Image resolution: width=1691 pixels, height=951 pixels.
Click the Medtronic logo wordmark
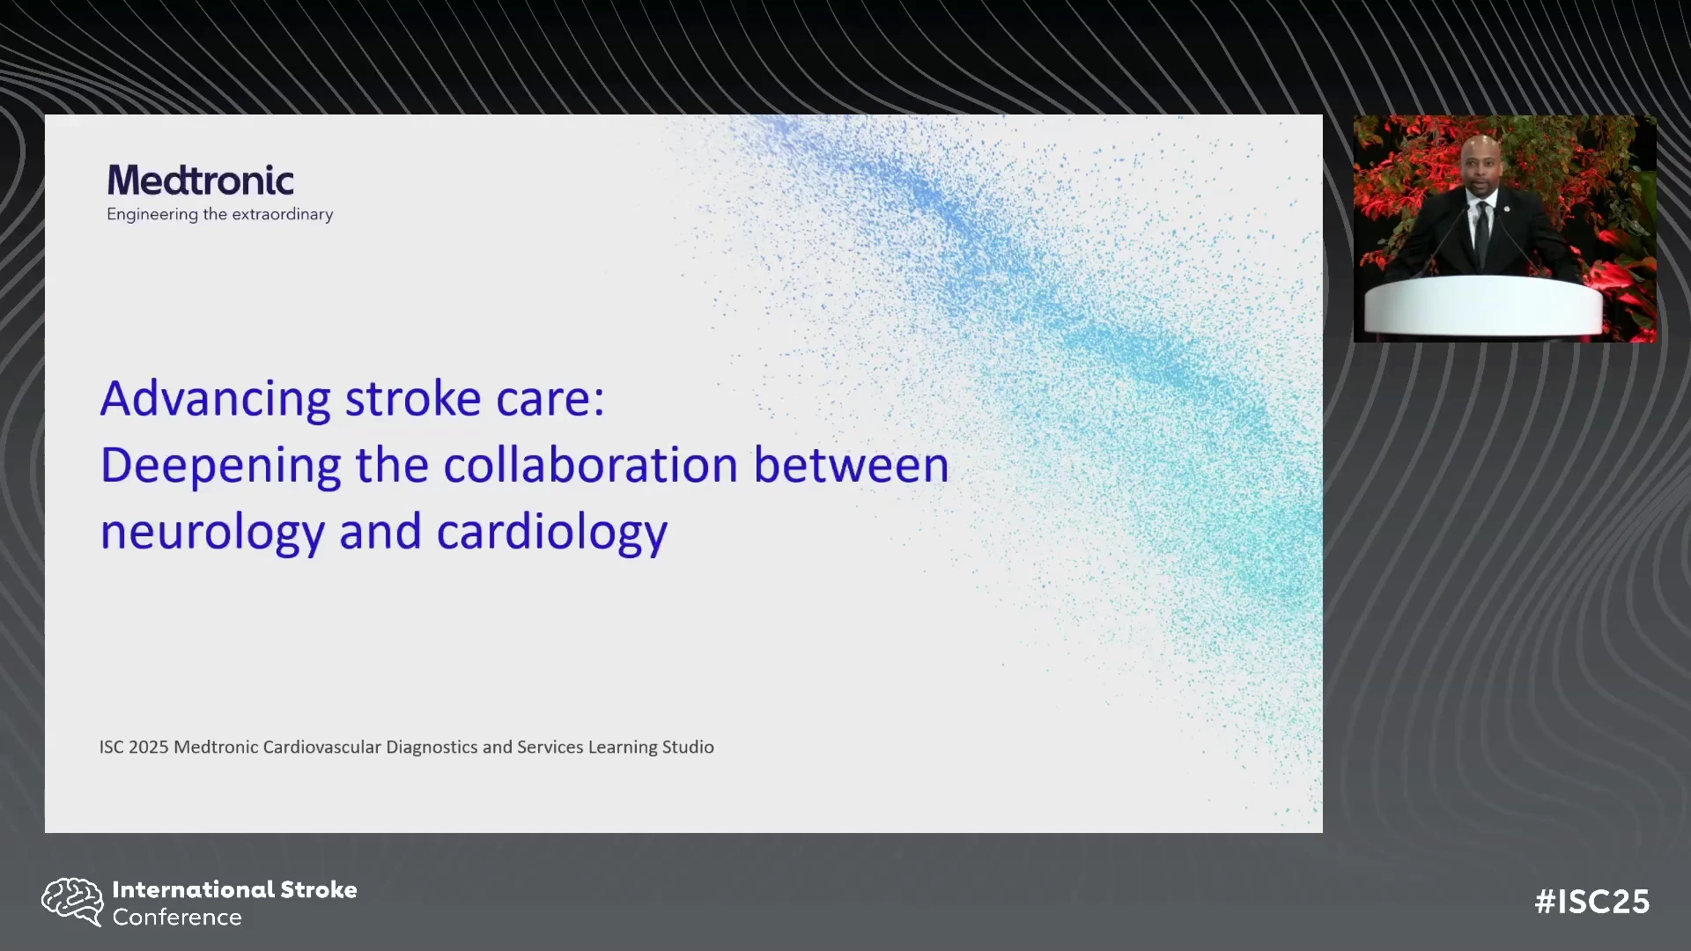pos(201,181)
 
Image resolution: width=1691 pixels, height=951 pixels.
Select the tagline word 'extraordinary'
pos(282,214)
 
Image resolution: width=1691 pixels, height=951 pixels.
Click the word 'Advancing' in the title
pos(216,400)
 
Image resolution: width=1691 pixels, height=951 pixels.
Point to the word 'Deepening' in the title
pos(221,467)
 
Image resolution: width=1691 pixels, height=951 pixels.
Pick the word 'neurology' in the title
pos(212,534)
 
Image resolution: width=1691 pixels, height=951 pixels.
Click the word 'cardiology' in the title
pos(552,534)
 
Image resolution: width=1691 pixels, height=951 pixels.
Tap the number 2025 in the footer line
pos(148,747)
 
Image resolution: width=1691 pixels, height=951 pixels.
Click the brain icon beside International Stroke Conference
pos(72,902)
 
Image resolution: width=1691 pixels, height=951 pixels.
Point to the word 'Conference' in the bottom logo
pos(177,918)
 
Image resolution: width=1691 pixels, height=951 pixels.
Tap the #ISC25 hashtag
pos(1592,902)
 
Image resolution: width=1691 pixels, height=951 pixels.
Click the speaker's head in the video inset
pos(1481,166)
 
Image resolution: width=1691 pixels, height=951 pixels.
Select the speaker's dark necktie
pos(1482,232)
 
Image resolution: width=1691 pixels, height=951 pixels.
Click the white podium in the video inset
pos(1483,306)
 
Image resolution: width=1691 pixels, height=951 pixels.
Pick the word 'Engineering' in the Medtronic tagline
pos(152,215)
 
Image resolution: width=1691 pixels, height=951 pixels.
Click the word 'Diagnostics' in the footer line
pos(432,747)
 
